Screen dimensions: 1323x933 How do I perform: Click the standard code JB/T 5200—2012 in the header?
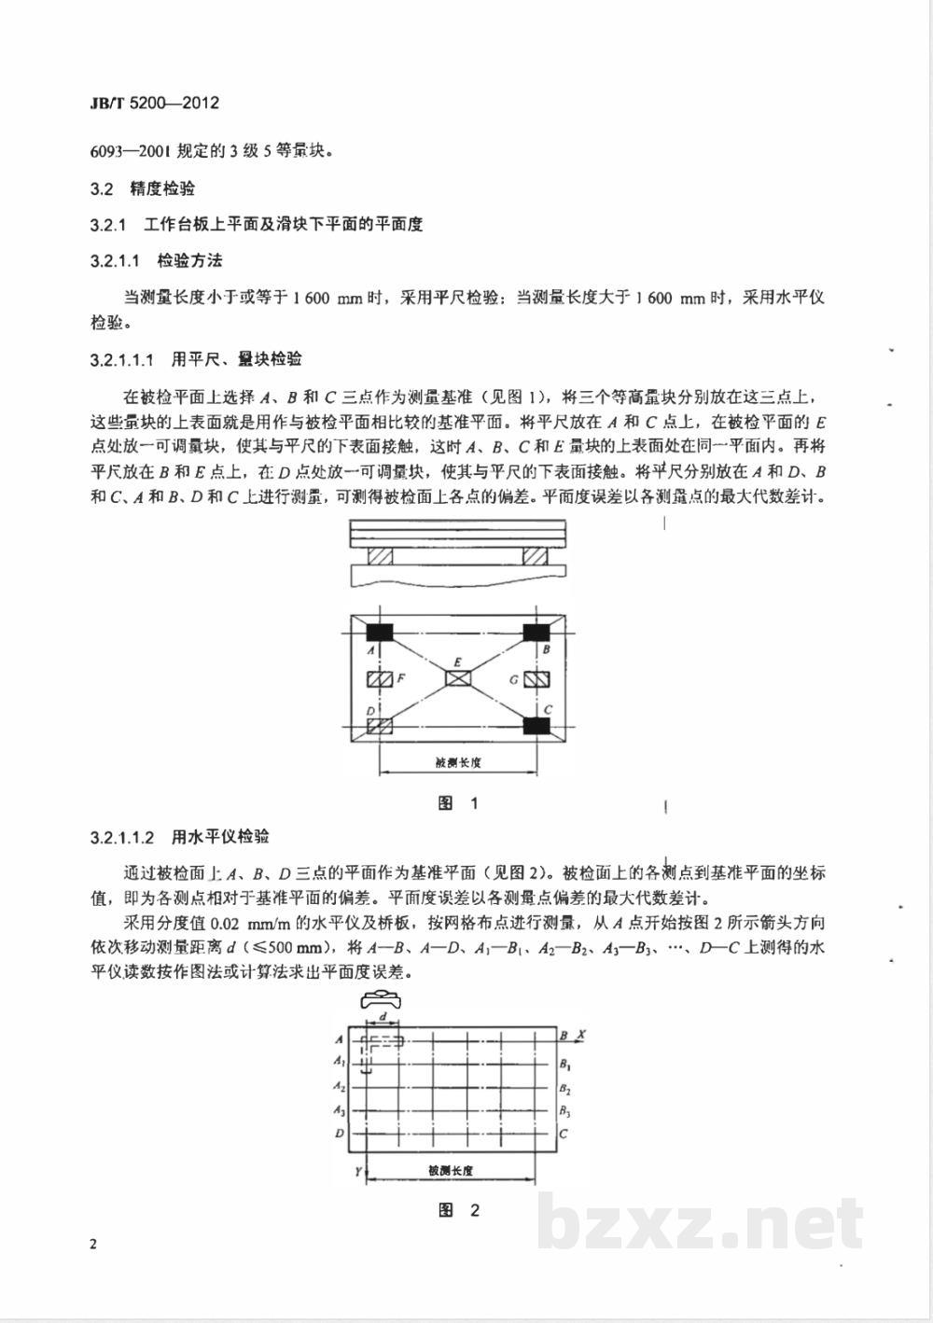pyautogui.click(x=155, y=103)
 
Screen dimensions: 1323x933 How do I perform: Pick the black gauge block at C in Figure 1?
pyautogui.click(x=536, y=725)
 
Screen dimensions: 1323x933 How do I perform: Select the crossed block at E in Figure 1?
pyautogui.click(x=458, y=678)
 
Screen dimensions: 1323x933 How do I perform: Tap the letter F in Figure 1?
pyautogui.click(x=400, y=678)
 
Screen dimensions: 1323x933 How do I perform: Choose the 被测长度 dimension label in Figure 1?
pyautogui.click(x=457, y=762)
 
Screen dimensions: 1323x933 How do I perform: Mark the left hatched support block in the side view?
pyautogui.click(x=380, y=555)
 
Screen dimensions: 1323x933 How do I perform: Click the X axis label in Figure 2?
pyautogui.click(x=580, y=1035)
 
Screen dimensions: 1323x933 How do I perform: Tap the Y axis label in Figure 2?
pyautogui.click(x=357, y=1171)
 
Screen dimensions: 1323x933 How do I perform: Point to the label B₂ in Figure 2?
pyautogui.click(x=565, y=1088)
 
